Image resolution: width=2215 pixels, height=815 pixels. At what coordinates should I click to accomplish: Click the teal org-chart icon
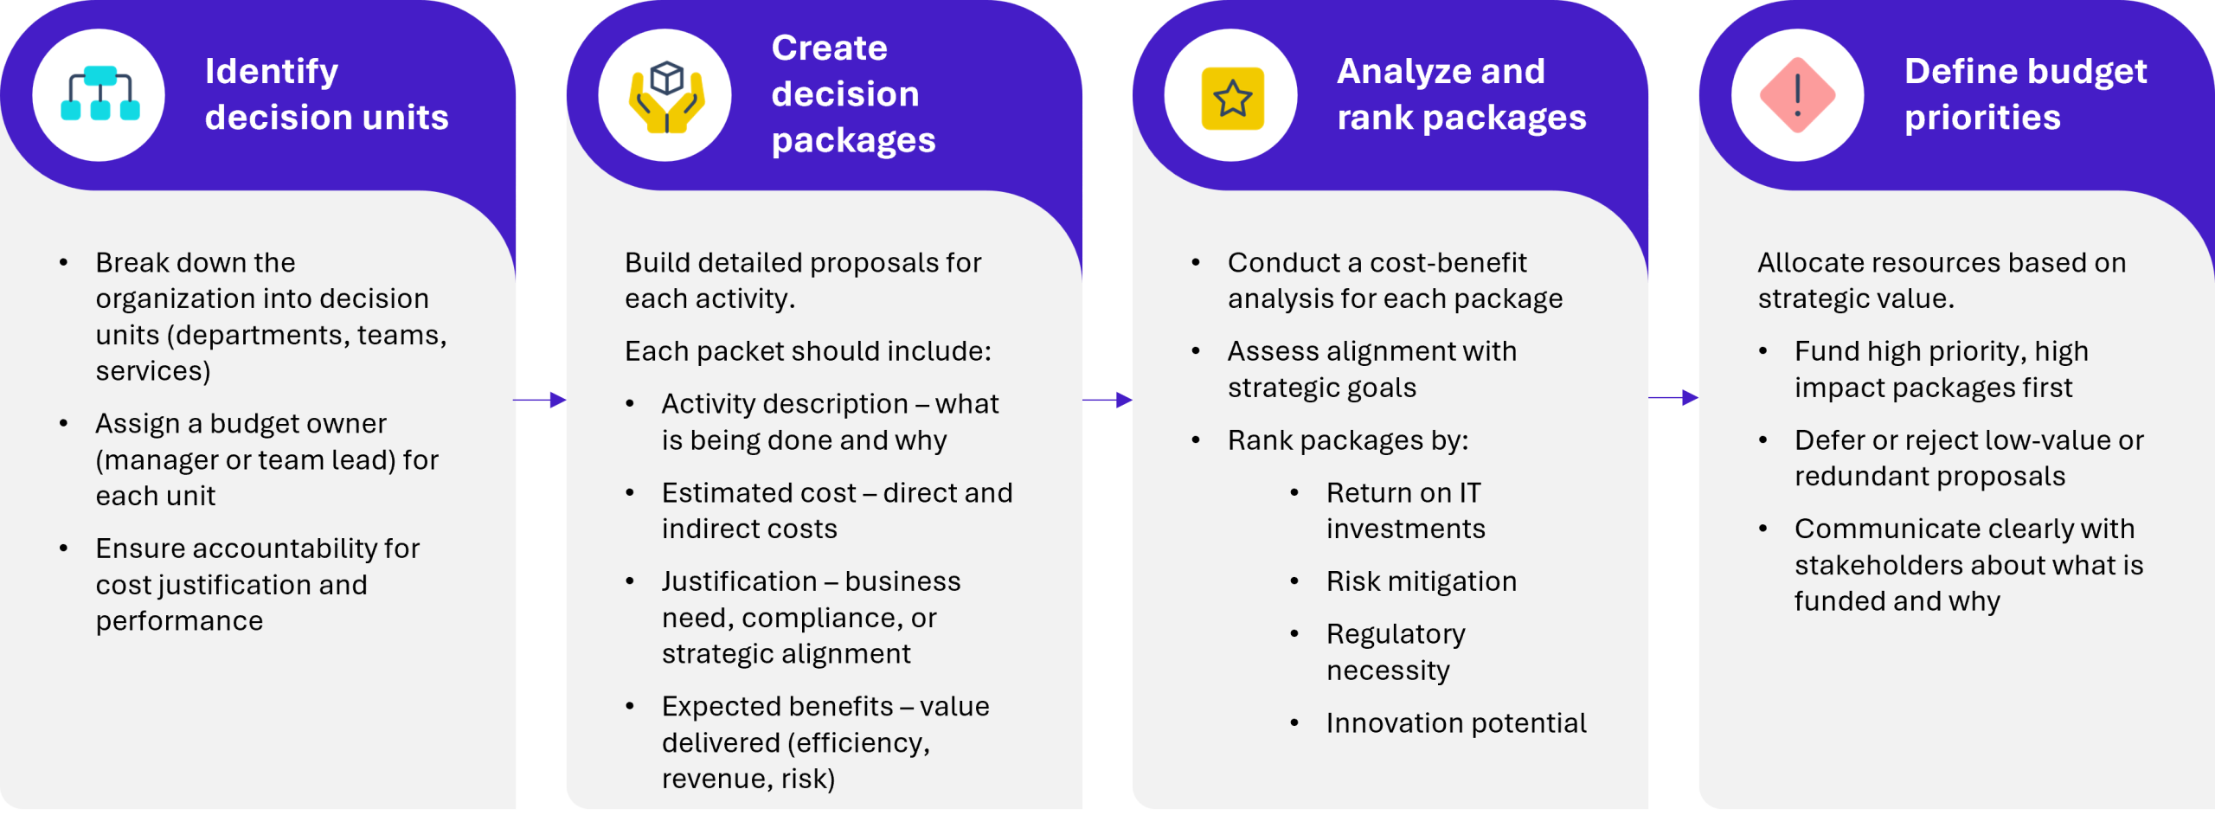[x=100, y=93]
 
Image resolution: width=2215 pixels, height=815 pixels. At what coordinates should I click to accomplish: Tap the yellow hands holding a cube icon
[x=666, y=96]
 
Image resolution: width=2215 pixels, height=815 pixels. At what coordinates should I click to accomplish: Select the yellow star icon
[x=1232, y=98]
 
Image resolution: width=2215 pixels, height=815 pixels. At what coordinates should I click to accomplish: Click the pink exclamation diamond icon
[x=1798, y=95]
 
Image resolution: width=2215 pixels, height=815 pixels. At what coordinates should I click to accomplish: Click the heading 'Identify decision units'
[x=326, y=94]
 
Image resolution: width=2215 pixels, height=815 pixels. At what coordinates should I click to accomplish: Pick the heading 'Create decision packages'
[x=853, y=93]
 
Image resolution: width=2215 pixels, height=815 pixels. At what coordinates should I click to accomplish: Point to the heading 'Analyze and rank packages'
[x=1461, y=94]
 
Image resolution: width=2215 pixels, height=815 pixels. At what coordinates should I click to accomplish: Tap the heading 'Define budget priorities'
[x=2025, y=94]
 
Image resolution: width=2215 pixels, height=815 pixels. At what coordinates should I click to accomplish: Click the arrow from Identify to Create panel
[x=540, y=400]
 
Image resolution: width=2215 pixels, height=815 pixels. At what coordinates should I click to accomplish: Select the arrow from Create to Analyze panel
[x=1107, y=400]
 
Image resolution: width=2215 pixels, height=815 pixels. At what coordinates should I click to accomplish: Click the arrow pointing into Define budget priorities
[x=1673, y=398]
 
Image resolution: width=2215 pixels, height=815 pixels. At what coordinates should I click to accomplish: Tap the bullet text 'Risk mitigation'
[x=1422, y=581]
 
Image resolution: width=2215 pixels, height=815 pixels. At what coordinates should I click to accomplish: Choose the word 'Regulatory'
[x=1396, y=635]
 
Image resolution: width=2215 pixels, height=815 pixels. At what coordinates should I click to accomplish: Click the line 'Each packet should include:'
[x=808, y=351]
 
